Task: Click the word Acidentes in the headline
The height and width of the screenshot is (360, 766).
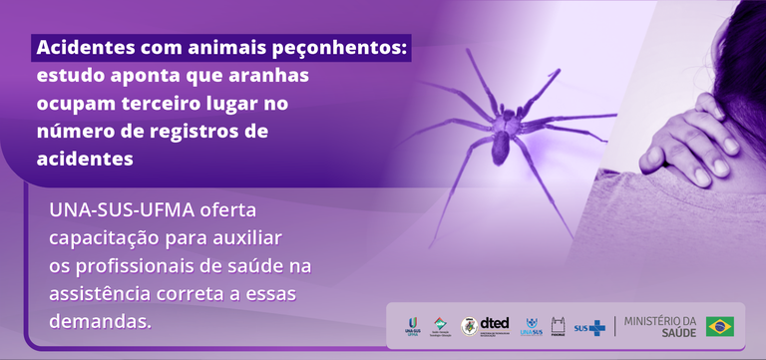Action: [84, 48]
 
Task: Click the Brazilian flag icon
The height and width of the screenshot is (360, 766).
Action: [720, 326]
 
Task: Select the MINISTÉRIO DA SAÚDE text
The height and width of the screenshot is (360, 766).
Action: [658, 326]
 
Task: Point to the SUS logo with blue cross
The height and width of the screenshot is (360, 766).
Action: [589, 327]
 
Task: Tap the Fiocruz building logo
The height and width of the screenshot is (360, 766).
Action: [559, 326]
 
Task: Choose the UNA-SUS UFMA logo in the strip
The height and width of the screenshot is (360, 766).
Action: [412, 325]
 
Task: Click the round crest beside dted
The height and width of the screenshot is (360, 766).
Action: [469, 326]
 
